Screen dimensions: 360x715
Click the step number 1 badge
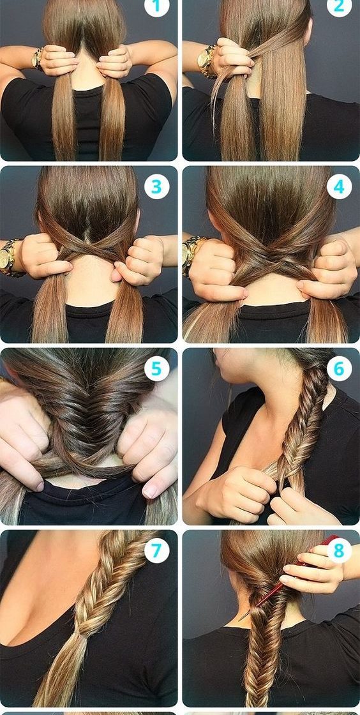pyautogui.click(x=156, y=6)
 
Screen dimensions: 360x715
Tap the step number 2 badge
pyautogui.click(x=339, y=6)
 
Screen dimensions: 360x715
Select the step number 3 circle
pyautogui.click(x=156, y=186)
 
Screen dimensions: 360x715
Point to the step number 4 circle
pyautogui.click(x=339, y=186)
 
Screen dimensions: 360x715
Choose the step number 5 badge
pyautogui.click(x=156, y=368)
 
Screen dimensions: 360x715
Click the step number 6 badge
pyautogui.click(x=339, y=368)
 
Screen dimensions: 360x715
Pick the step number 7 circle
pyautogui.click(x=156, y=550)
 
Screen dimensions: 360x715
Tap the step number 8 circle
pyautogui.click(x=339, y=550)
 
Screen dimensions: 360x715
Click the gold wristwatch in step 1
pyautogui.click(x=38, y=58)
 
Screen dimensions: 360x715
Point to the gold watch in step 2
pyautogui.click(x=207, y=61)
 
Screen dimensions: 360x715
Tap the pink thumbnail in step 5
pyautogui.click(x=150, y=491)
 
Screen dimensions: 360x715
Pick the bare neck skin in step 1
pyautogui.click(x=87, y=73)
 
